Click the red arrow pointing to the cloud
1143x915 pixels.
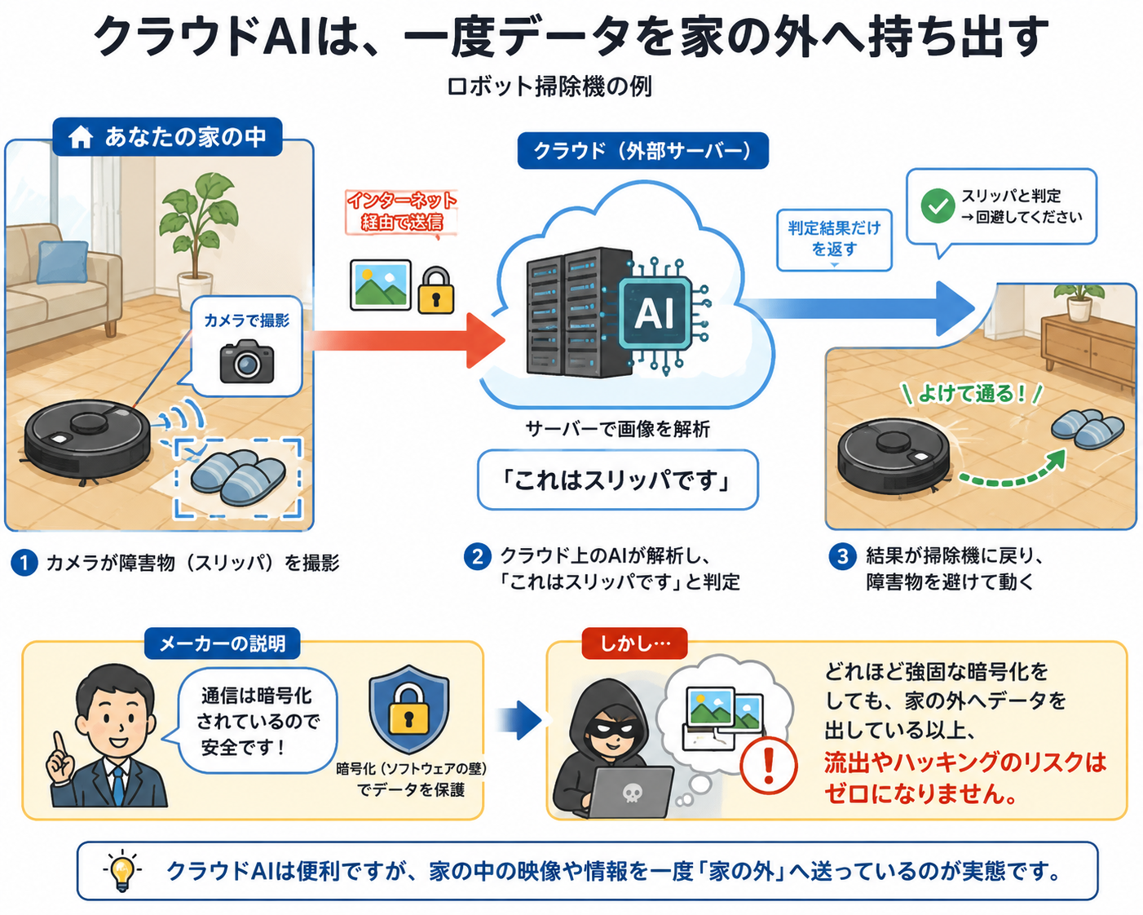click(404, 341)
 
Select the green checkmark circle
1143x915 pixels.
click(938, 206)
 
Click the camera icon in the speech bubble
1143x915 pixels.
click(247, 361)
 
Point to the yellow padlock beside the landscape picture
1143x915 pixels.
click(435, 290)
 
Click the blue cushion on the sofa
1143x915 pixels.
click(63, 263)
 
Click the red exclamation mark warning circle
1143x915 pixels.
click(768, 766)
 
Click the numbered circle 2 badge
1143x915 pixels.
click(478, 557)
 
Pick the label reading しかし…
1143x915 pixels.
click(635, 643)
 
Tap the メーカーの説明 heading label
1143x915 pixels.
click(222, 643)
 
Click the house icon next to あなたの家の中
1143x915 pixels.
click(81, 136)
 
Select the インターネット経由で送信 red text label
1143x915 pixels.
click(402, 211)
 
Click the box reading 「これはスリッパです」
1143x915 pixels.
click(618, 480)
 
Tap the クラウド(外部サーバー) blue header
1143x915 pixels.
click(642, 151)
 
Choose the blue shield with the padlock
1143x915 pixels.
click(408, 710)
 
